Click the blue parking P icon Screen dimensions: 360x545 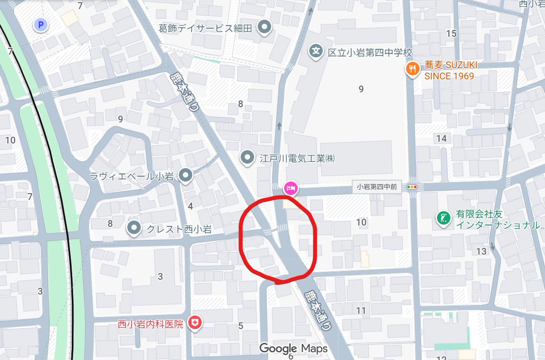[41, 25]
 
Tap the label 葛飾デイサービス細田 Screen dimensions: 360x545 [205, 28]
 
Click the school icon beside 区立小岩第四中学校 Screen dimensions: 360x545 [315, 51]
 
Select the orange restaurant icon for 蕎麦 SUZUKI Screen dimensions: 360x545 [412, 69]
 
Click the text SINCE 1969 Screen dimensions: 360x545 [449, 76]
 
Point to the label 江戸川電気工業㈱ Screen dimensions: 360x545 [297, 159]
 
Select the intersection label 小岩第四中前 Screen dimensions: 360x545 [377, 186]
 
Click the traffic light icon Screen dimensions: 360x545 [412, 186]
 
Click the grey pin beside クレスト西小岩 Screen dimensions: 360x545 [134, 229]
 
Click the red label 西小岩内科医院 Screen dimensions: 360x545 [150, 324]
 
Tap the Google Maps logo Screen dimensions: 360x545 [293, 349]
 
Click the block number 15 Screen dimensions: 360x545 [451, 33]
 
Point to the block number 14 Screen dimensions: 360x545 [441, 138]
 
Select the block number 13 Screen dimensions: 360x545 [481, 251]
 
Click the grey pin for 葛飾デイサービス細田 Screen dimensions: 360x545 [265, 27]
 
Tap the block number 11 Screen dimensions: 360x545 [361, 310]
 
